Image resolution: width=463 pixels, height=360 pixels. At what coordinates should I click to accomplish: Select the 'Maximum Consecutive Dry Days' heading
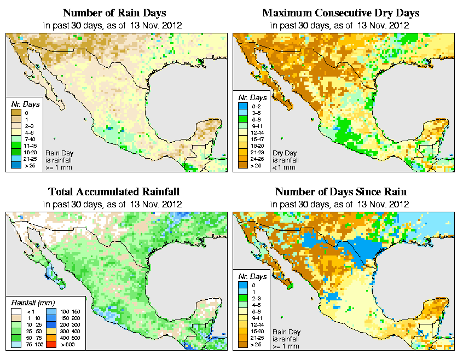click(x=340, y=13)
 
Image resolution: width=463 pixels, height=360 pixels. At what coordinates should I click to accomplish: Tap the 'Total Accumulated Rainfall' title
click(x=114, y=192)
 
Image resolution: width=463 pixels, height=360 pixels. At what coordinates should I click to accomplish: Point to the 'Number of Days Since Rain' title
click(x=340, y=192)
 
